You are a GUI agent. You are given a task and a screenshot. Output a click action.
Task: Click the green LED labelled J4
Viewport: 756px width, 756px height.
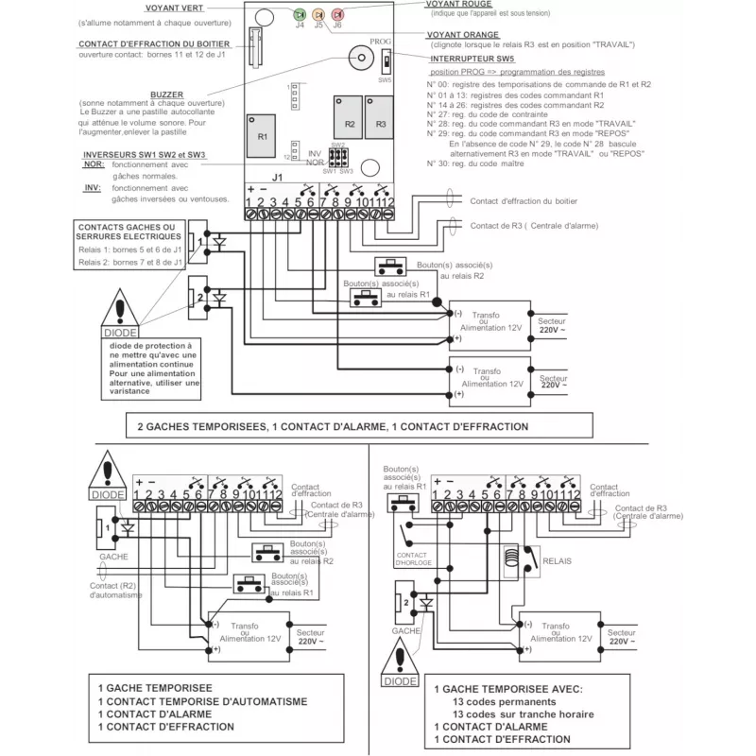click(x=300, y=15)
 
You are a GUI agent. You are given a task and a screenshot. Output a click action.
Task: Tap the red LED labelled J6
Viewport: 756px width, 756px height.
click(x=337, y=15)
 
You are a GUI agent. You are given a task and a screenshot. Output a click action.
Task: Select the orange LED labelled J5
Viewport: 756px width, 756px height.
click(x=318, y=15)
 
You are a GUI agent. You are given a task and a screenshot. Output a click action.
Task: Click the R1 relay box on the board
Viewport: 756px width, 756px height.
click(x=263, y=134)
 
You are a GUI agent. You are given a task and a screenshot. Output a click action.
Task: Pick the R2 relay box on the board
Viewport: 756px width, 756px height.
click(x=350, y=120)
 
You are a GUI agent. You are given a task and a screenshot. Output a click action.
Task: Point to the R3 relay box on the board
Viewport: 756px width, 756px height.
click(x=381, y=120)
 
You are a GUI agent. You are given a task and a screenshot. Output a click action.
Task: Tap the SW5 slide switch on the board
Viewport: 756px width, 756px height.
click(x=385, y=65)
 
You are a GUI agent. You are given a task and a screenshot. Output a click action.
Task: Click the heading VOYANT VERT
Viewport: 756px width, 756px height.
click(x=172, y=9)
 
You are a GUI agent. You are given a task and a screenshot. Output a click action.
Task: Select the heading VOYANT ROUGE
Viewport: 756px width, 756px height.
click(x=459, y=5)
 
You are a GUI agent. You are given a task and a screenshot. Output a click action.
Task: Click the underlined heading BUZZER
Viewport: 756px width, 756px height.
click(x=166, y=94)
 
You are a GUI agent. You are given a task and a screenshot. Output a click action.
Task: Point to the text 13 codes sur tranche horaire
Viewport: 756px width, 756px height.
click(x=524, y=714)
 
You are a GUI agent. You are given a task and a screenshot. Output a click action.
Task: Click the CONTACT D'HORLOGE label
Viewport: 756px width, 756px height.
click(x=413, y=558)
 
